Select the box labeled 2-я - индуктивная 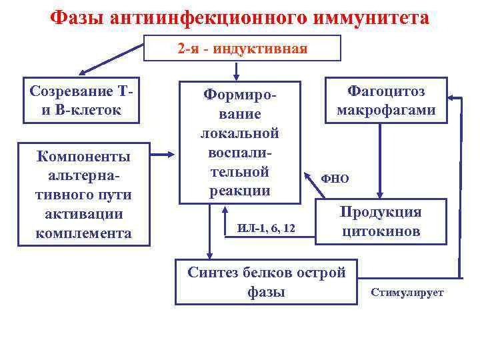click(x=243, y=48)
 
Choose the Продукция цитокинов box click(x=381, y=221)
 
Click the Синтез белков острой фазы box click(x=266, y=281)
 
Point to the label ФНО click(x=335, y=179)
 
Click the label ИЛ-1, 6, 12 click(x=266, y=229)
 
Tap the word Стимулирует click(x=407, y=293)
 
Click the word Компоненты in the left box click(x=84, y=157)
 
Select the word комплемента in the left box click(x=84, y=234)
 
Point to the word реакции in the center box click(x=239, y=191)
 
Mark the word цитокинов click(x=381, y=231)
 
